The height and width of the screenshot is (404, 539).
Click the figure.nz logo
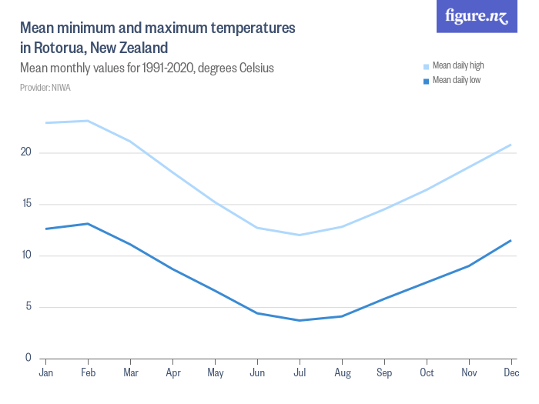[477, 16]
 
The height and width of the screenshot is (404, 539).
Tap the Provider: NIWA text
[45, 88]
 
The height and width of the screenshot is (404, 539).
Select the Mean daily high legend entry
[457, 65]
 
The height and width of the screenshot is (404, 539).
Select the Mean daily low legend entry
[456, 80]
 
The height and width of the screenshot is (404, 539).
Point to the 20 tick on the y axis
[26, 152]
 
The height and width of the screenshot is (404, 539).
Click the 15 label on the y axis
[26, 204]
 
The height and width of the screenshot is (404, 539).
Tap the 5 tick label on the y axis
[28, 307]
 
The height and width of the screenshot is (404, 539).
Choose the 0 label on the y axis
[28, 358]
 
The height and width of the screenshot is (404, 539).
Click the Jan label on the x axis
[45, 373]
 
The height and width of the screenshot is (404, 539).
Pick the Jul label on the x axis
[300, 373]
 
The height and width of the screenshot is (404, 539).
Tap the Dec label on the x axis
[511, 373]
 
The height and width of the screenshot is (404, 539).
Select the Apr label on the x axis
[172, 373]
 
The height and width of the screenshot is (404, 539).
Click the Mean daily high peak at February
[88, 121]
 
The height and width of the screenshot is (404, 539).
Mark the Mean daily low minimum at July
[300, 320]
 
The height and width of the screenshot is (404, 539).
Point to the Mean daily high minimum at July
[300, 235]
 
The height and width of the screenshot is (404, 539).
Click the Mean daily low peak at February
[88, 224]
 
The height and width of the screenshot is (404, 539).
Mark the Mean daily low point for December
[511, 240]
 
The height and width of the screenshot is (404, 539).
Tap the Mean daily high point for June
[257, 228]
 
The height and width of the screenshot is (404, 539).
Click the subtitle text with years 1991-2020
[147, 68]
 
